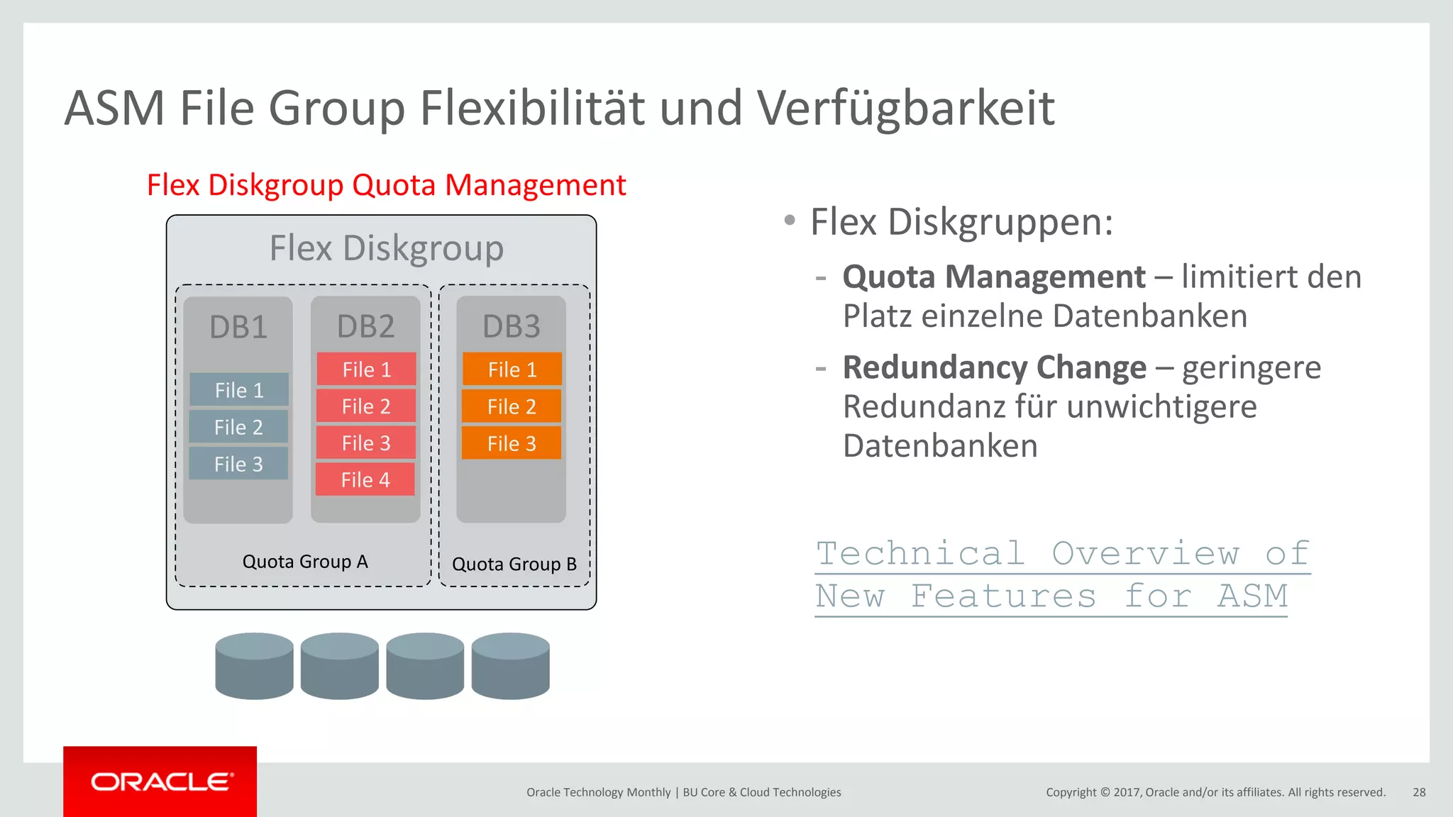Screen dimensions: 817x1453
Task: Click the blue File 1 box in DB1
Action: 239,390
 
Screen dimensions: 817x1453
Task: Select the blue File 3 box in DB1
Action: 238,464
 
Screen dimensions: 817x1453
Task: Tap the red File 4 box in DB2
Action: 365,480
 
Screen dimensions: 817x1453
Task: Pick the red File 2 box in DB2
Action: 366,406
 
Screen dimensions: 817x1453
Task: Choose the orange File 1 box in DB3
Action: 512,369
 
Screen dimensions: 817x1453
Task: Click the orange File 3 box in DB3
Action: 512,443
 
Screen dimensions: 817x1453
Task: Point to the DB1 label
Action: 238,327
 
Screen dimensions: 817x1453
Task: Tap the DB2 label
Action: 365,326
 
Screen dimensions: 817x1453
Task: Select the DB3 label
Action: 511,326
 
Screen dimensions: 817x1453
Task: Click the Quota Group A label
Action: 305,562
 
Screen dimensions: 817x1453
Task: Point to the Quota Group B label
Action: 514,564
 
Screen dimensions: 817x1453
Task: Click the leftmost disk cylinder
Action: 254,666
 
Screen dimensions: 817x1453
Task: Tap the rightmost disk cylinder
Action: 510,666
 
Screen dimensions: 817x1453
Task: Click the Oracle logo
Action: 160,782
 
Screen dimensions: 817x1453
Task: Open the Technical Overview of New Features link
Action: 1062,574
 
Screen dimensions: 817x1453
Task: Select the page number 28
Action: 1419,792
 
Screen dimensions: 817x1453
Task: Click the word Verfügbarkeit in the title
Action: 906,109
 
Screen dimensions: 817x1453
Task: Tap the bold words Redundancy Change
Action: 994,367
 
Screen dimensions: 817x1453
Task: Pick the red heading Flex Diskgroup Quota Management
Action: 386,185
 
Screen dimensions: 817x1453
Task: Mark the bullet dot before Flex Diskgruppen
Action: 790,221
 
